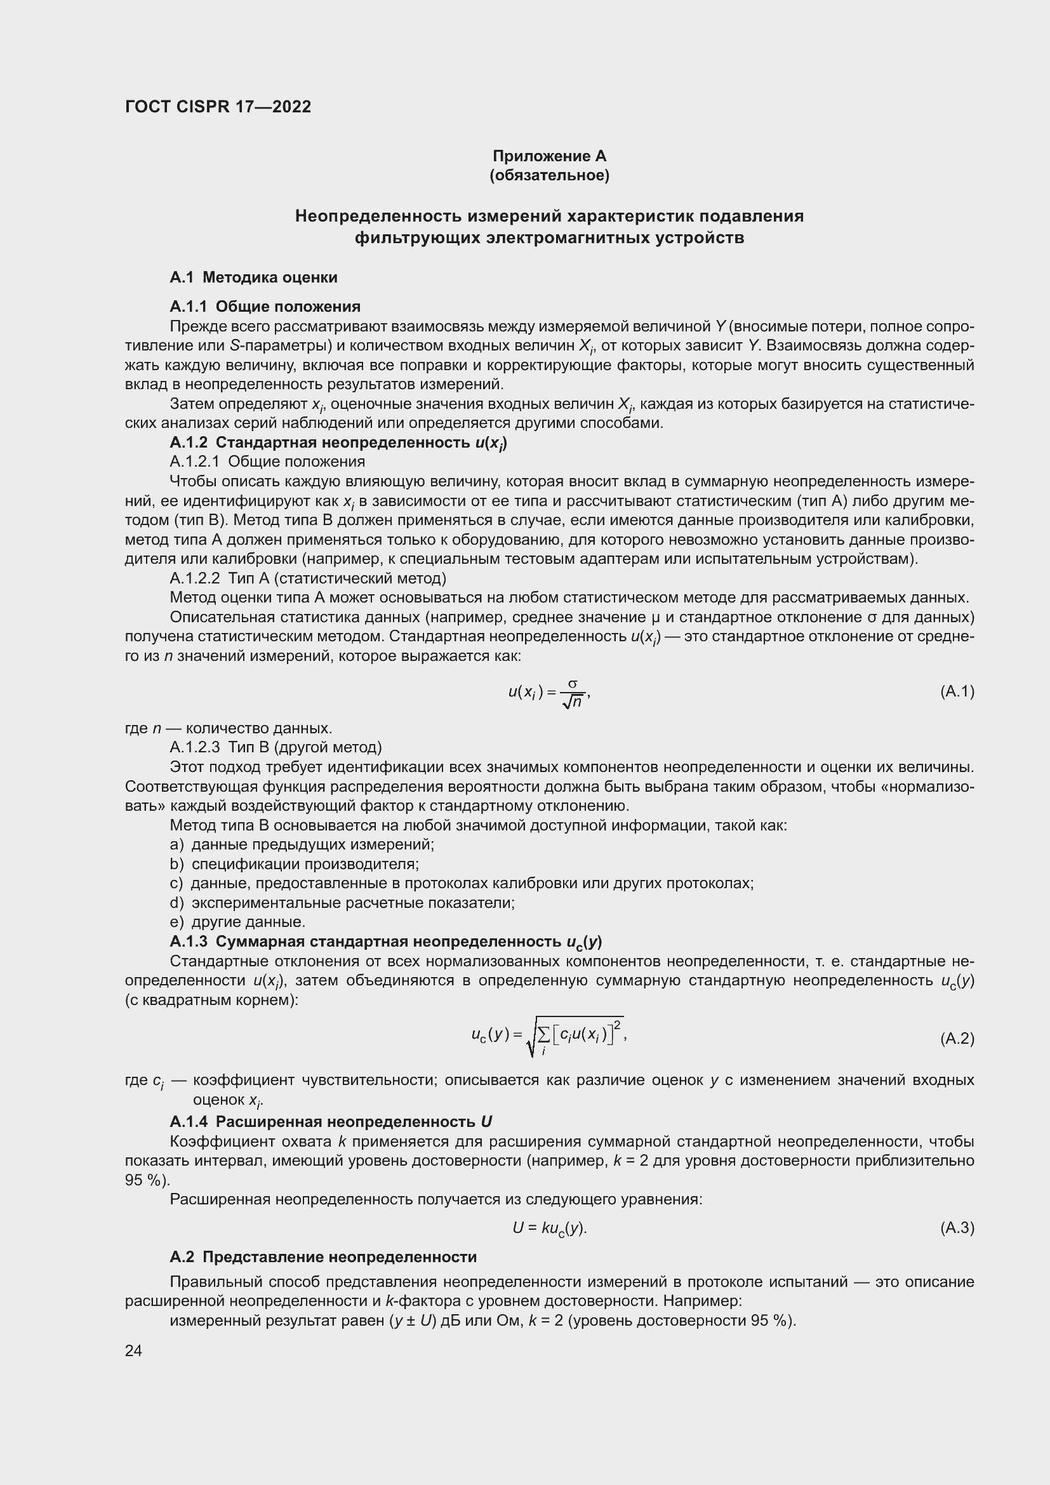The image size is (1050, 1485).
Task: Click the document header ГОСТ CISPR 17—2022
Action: coord(218,107)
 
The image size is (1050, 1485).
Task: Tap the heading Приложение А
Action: coord(549,156)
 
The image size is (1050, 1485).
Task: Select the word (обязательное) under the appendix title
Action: coord(549,175)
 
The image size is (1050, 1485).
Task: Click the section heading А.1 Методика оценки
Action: coord(253,277)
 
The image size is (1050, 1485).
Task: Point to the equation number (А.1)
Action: coord(956,692)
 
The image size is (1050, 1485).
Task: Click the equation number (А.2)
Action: coord(956,1039)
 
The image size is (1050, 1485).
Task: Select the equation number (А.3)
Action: coord(956,1227)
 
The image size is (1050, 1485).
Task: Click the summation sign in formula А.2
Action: coord(543,1036)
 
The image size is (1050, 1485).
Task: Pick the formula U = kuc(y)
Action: coord(549,1228)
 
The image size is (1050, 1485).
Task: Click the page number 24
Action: coord(133,1350)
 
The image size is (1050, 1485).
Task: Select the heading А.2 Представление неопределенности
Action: coord(322,1256)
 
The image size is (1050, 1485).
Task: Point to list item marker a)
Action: coord(176,844)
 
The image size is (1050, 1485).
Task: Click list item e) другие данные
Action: coord(237,922)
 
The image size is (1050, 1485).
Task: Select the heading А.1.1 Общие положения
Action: coord(265,307)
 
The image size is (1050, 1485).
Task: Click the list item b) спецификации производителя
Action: coord(294,864)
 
